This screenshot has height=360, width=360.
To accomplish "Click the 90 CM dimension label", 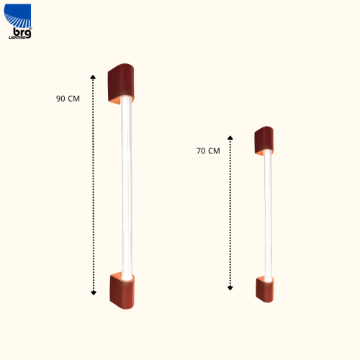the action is [68, 99].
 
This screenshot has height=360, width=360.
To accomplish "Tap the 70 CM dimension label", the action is [208, 151].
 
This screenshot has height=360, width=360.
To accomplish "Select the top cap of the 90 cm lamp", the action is [121, 84].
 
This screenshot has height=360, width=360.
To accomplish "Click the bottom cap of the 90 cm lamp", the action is [122, 291].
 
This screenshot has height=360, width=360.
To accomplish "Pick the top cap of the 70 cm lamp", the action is [264, 140].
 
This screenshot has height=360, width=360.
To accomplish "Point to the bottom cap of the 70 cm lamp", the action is [265, 289].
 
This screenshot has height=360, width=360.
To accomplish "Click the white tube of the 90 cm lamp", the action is [127, 188].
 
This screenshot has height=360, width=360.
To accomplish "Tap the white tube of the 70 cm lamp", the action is [268, 215].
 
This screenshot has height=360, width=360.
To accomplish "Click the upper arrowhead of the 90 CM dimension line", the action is [93, 77].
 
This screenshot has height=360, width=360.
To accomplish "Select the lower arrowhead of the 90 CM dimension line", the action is [94, 293].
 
